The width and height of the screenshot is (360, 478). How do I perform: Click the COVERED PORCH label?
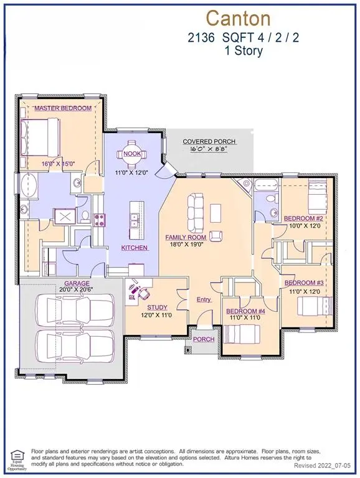point(209,142)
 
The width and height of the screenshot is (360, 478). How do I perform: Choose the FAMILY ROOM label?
point(185,238)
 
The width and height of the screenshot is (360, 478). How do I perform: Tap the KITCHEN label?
point(135,248)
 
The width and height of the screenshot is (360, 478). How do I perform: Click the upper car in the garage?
point(74,309)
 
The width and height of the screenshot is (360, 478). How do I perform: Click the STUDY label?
point(157,307)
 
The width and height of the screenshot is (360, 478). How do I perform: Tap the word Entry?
point(204,299)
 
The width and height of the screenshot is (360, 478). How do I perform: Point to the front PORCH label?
point(203,339)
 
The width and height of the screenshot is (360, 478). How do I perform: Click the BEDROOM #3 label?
point(302,283)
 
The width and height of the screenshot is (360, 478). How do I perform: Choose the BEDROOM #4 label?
point(245,311)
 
